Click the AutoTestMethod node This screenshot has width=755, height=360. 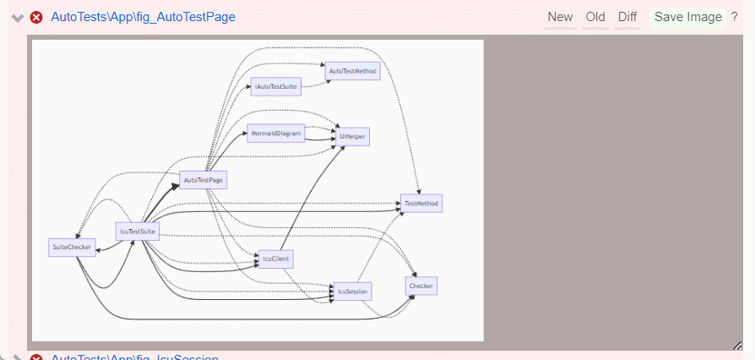[x=352, y=71]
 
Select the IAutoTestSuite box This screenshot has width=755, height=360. [x=275, y=86]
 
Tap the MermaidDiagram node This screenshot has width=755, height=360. [x=276, y=134]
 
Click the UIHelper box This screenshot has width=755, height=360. [x=352, y=135]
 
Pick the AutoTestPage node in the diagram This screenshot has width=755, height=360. [x=204, y=179]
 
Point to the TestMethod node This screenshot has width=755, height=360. [x=421, y=203]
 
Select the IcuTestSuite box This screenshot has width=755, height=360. [x=137, y=232]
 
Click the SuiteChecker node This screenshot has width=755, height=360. [x=71, y=247]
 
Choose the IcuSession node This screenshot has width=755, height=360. [x=353, y=291]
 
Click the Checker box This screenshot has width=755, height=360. [x=421, y=286]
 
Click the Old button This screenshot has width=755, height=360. [x=595, y=17]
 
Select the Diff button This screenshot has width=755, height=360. [x=627, y=17]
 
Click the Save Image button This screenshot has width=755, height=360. [x=687, y=17]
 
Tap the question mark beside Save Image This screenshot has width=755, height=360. [x=734, y=17]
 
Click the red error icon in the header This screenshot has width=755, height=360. [x=36, y=17]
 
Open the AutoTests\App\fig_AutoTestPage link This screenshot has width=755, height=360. [x=143, y=17]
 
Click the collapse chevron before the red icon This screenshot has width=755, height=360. [x=17, y=18]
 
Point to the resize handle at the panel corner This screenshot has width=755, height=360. [x=737, y=345]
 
